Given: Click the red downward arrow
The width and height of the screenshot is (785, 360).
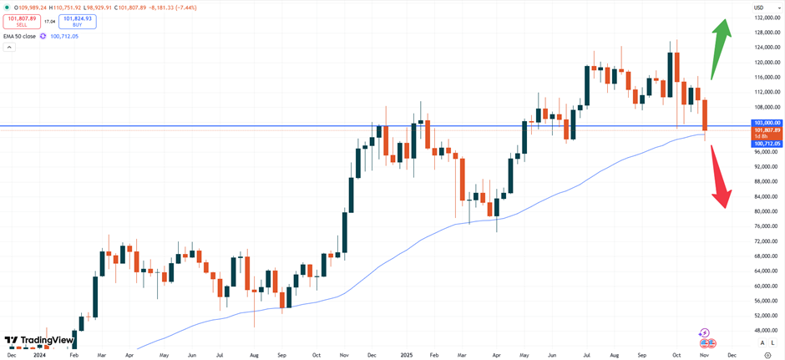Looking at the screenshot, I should click(x=720, y=179).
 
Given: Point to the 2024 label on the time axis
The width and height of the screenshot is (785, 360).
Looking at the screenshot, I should click(x=38, y=355).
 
